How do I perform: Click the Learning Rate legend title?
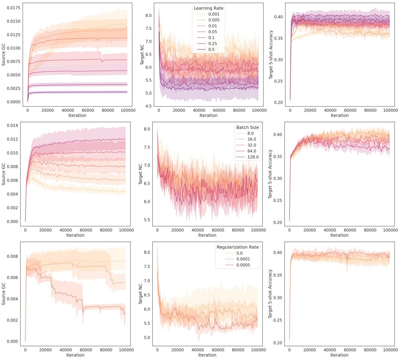(208, 8)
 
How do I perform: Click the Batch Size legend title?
(247, 127)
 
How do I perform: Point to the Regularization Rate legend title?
(237, 247)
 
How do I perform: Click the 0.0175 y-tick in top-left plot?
(14, 8)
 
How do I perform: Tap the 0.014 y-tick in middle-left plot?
(12, 125)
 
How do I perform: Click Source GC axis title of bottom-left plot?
(3, 294)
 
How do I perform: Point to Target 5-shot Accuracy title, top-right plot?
(271, 54)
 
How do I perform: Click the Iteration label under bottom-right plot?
(339, 355)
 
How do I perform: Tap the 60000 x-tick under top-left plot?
(88, 110)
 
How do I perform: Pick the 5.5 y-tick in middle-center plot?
(147, 220)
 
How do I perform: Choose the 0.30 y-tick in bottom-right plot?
(278, 298)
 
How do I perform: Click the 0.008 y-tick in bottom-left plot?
(12, 256)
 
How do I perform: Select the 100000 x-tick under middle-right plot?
(390, 230)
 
